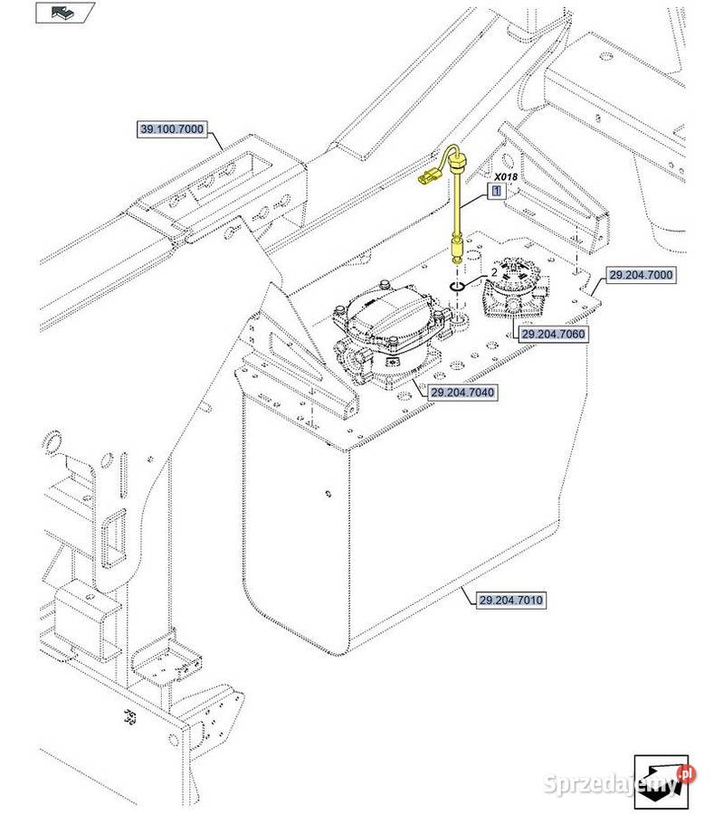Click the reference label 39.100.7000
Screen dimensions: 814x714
pyautogui.click(x=172, y=129)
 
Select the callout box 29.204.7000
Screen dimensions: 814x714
pyautogui.click(x=641, y=274)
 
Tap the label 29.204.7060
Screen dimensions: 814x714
pyautogui.click(x=553, y=334)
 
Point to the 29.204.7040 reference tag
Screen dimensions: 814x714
pyautogui.click(x=464, y=393)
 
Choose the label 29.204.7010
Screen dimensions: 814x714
pyautogui.click(x=513, y=600)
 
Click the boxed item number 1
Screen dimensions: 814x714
pyautogui.click(x=496, y=192)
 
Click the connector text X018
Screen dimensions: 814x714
pyautogui.click(x=506, y=177)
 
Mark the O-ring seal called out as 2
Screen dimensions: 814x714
pyautogui.click(x=457, y=287)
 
